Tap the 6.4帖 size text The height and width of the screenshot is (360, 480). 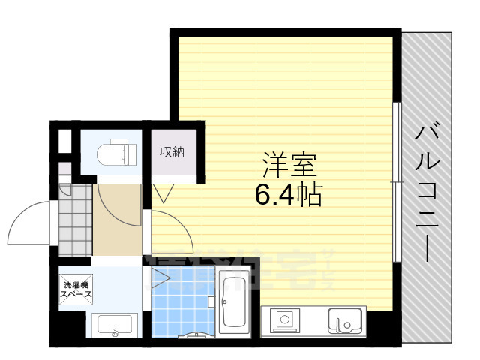coord(289,196)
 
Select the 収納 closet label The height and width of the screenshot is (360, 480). coord(172,152)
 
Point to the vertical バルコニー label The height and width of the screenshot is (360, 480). coord(429,192)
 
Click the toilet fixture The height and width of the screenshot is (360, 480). coord(117,152)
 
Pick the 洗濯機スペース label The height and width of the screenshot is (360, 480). coord(76,289)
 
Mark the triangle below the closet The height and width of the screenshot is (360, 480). coord(163,193)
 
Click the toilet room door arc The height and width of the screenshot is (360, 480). coord(112,201)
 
